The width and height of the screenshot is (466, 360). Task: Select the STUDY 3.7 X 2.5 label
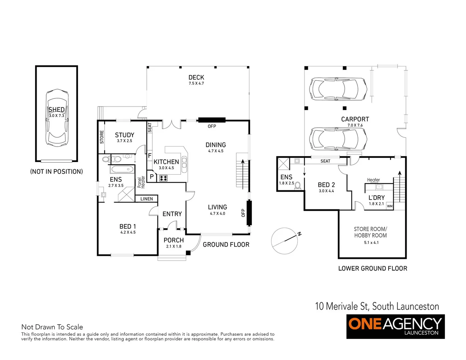click(x=124, y=137)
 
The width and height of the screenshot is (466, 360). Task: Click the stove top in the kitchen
click(x=163, y=178)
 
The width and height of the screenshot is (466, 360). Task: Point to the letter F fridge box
click(x=150, y=156)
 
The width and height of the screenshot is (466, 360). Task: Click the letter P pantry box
click(x=151, y=177)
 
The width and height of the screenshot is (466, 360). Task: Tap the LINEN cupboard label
click(x=146, y=199)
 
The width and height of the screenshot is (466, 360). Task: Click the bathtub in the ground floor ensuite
click(x=122, y=169)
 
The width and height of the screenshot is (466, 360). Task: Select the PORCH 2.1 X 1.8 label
click(x=173, y=242)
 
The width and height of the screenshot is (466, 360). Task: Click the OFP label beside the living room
click(x=243, y=213)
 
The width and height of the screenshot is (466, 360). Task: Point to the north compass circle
click(x=284, y=241)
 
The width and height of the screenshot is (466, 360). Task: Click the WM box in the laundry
click(x=390, y=206)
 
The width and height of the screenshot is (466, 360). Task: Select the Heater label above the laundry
click(x=373, y=180)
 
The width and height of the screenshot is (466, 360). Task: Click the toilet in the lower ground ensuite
click(x=298, y=186)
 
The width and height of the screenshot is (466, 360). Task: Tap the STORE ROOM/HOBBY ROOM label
click(x=370, y=232)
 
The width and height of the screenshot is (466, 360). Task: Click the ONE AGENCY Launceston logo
click(x=395, y=326)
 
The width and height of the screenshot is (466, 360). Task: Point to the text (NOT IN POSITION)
click(x=56, y=172)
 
